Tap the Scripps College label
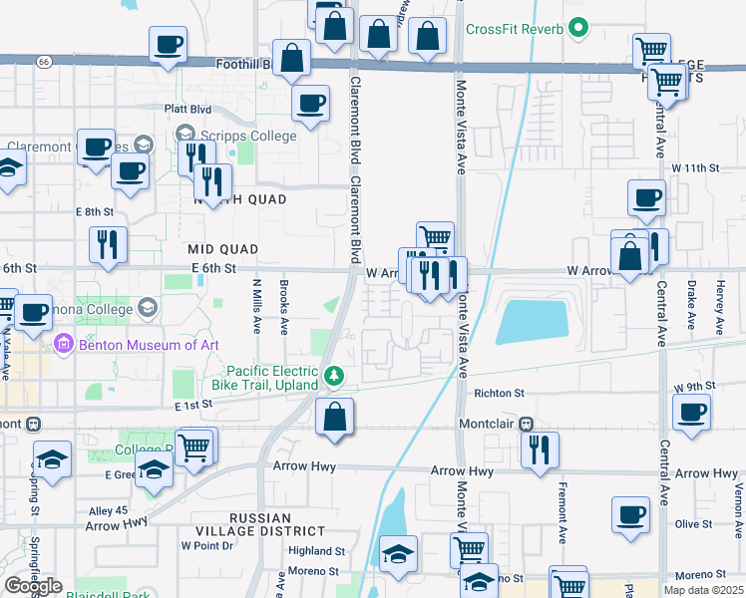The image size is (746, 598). click(x=249, y=136)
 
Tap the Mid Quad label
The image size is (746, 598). click(x=223, y=249)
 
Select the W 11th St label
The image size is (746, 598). click(x=695, y=168)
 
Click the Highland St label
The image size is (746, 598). click(x=316, y=550)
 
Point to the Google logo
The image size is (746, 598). click(x=33, y=585)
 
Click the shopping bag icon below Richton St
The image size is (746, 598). click(x=335, y=418)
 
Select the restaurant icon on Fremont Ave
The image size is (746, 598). click(x=540, y=448)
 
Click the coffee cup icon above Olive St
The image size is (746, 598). click(x=630, y=514)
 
